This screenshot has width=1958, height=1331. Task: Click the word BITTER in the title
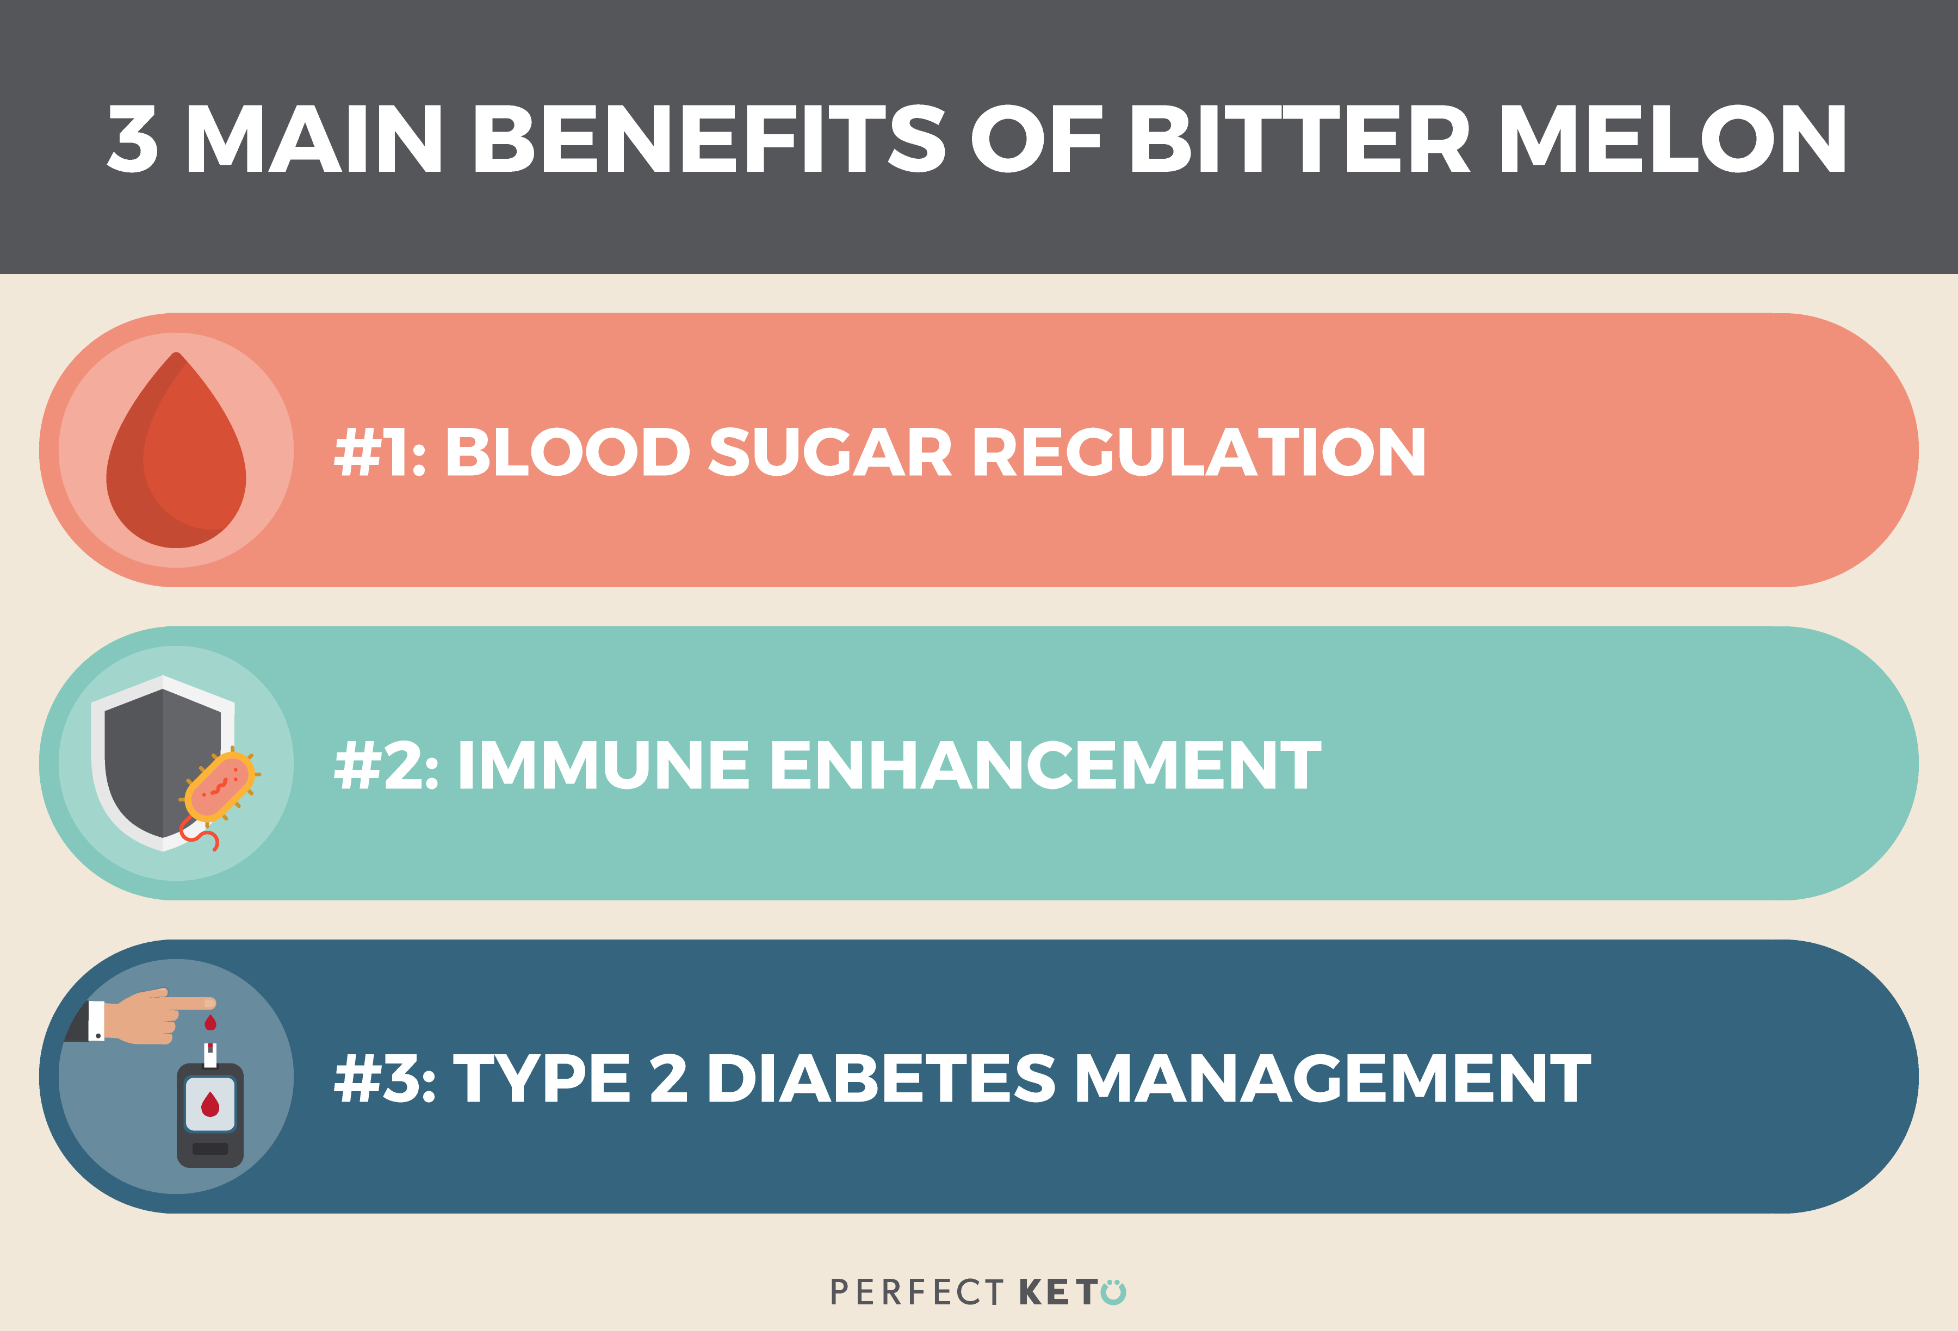1299,139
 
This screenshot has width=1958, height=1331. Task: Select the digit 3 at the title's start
134,139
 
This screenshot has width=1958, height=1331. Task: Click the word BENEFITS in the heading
709,139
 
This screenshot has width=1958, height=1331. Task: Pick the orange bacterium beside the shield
219,788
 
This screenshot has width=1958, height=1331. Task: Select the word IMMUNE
603,766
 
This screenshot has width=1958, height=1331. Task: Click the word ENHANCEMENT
1045,766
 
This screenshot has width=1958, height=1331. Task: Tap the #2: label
386,766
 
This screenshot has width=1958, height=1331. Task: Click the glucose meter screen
210,1104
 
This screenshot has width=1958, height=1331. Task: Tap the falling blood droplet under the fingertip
210,1023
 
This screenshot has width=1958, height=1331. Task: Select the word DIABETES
881,1079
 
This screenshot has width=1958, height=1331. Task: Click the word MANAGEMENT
1333,1079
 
